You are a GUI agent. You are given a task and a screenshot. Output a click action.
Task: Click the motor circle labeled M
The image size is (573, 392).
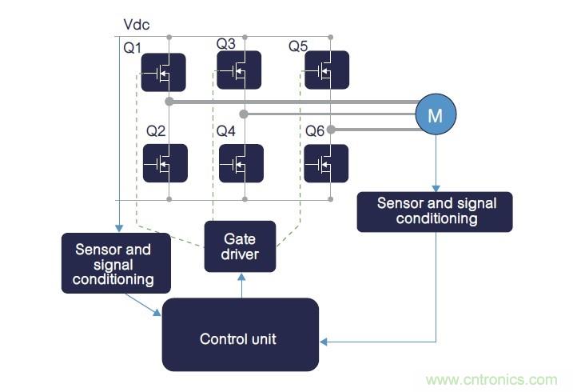pos(435,115)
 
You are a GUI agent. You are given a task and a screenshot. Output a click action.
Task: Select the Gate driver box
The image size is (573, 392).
pos(240,246)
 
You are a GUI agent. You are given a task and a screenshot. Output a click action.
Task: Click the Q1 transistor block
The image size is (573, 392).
pos(164,73)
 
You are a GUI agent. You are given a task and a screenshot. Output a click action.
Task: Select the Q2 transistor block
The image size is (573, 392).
pos(165,163)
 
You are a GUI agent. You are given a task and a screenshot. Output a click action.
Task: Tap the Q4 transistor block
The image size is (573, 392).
pos(240,163)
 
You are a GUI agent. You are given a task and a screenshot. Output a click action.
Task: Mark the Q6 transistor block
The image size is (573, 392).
pos(327,163)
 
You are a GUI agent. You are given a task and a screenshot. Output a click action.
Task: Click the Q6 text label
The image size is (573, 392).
pos(314,130)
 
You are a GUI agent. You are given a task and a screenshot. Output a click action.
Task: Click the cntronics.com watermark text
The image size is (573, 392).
pos(491,380)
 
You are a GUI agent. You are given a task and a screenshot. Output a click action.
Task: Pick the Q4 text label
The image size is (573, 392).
pos(226,130)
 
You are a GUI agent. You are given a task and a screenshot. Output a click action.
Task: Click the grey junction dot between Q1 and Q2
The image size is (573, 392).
pos(169,102)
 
